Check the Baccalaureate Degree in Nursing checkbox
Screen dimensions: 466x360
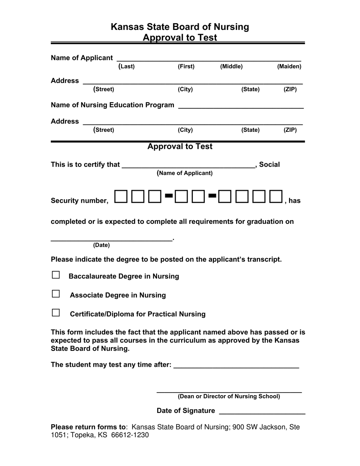56,275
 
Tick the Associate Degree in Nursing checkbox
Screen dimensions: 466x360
56,294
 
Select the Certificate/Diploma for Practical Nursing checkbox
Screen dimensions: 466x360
56,313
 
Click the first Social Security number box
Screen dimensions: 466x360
121,196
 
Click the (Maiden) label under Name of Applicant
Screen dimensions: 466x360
289,67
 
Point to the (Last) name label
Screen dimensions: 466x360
127,67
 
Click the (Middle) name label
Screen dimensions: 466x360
231,67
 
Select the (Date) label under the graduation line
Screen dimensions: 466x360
101,245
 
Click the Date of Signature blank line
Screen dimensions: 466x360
262,411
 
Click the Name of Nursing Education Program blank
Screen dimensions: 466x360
241,105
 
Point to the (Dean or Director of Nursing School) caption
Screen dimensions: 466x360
229,397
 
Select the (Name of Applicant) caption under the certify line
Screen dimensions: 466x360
185,173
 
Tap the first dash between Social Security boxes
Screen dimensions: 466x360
169,195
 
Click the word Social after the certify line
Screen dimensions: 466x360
269,165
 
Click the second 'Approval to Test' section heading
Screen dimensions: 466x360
180,147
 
